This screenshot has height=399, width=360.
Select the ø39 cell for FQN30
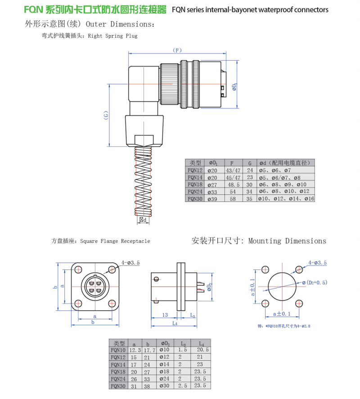tap(212, 198)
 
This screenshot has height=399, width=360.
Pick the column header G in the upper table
tap(250, 163)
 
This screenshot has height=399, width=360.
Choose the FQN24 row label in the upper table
tap(195, 192)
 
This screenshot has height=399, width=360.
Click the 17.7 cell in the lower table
tap(149, 350)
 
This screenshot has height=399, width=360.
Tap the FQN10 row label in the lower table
tap(119, 350)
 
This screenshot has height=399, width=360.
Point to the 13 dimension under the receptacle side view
tap(165, 315)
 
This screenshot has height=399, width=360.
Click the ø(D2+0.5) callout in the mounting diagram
tap(315, 282)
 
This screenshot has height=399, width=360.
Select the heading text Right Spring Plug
tap(113, 36)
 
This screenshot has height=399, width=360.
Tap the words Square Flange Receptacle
tap(115, 242)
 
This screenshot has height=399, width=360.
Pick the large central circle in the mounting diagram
tap(283, 286)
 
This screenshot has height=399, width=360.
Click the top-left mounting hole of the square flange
tap(79, 269)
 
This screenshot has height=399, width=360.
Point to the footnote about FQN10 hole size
tap(284, 326)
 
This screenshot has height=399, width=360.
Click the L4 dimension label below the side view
tap(175, 323)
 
